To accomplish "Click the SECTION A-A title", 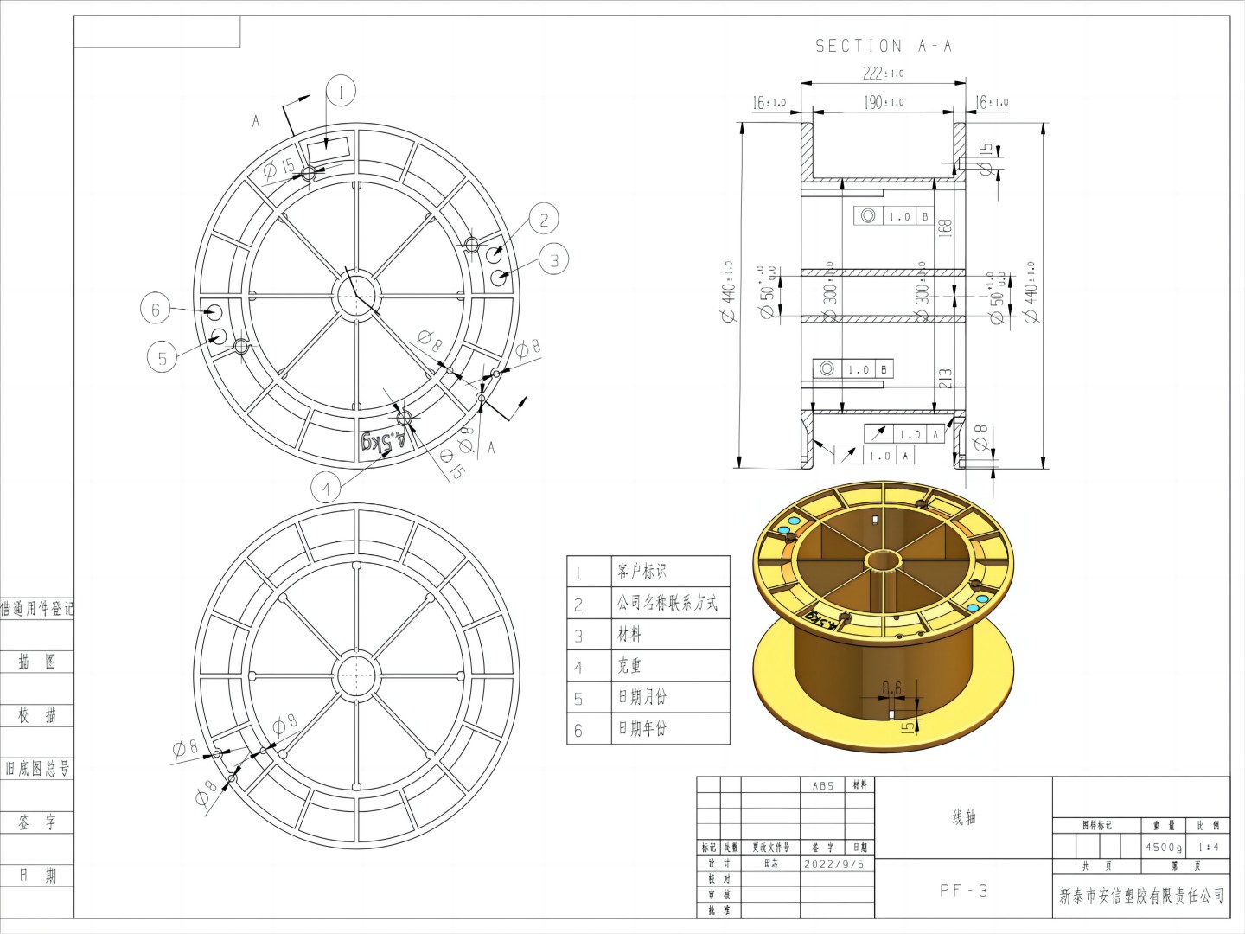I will [884, 46].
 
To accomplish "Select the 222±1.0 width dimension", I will [883, 74].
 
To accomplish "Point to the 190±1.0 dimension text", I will [884, 102].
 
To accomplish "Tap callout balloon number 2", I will [543, 220].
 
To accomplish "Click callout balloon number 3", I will [554, 258].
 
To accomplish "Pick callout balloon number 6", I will [156, 309].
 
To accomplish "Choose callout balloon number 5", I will [163, 357].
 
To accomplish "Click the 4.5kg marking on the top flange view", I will [384, 441].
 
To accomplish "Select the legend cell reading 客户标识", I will [642, 572].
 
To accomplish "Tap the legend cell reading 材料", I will [629, 635].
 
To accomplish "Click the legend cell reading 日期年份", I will [642, 729].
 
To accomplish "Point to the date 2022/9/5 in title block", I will [833, 864].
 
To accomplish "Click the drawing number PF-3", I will [963, 890].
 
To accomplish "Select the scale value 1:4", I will [1208, 848].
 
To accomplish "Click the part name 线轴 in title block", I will [963, 817].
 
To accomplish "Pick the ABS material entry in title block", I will [824, 785].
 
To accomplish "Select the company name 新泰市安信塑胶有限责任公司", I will [1141, 896].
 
